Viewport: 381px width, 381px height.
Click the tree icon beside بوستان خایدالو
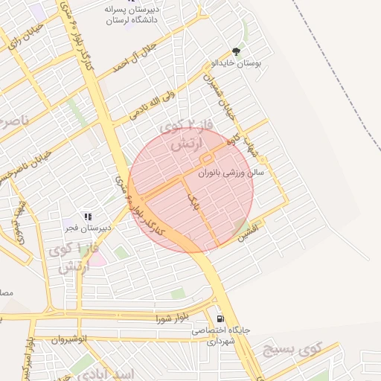236,52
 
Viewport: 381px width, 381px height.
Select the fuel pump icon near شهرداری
220,318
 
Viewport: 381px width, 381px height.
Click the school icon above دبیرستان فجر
88,217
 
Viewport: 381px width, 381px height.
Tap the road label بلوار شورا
170,318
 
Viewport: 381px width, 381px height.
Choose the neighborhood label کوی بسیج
291,349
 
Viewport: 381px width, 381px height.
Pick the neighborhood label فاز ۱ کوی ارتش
74,258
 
